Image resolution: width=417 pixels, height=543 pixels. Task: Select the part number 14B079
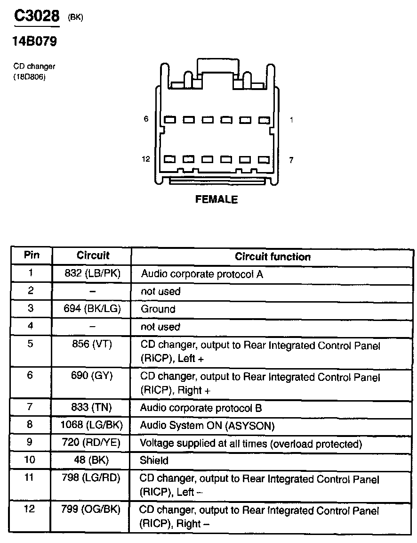(x=34, y=42)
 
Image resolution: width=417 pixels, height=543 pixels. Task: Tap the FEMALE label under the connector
(x=217, y=199)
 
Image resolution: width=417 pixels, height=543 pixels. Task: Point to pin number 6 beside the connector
(x=146, y=119)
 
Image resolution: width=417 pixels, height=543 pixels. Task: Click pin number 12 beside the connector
(x=146, y=159)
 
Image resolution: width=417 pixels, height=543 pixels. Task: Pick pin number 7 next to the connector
(x=291, y=160)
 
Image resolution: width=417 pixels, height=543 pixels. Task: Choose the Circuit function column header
(x=273, y=257)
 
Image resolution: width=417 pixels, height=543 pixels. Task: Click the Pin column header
(x=32, y=256)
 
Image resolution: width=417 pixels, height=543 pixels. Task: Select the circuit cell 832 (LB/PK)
(x=92, y=273)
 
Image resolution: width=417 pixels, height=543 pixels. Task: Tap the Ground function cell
(x=158, y=309)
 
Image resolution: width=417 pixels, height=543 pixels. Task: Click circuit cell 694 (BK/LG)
(x=92, y=309)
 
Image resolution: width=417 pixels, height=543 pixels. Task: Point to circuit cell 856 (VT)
(x=92, y=344)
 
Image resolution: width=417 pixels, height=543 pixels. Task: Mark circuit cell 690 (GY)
(x=92, y=376)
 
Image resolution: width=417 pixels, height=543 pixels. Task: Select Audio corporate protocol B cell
(x=201, y=408)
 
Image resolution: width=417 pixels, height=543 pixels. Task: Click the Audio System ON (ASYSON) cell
(x=207, y=426)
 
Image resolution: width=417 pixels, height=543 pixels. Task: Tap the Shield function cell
(x=154, y=461)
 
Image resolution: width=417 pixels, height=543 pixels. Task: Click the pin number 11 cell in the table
(x=30, y=477)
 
